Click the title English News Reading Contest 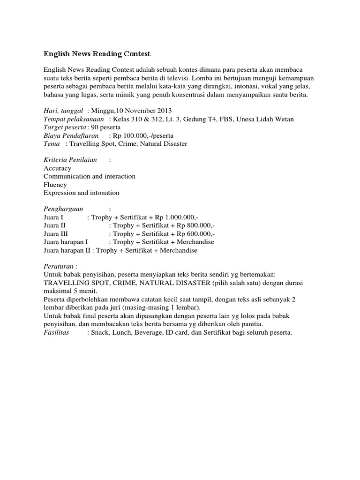pos(97,54)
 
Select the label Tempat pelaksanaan pos(74,119)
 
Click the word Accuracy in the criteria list pos(57,168)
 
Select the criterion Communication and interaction pos(90,177)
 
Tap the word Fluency pos(55,185)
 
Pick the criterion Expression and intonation pos(82,193)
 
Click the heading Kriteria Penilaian pos(70,160)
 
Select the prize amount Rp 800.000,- pos(195,226)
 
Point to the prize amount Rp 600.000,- pos(195,234)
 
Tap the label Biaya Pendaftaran pos(71,135)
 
